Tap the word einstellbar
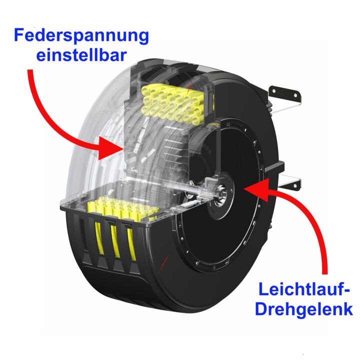(81, 55)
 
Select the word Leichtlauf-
(304, 289)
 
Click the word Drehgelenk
(304, 309)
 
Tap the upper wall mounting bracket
(284, 93)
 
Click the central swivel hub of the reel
(220, 195)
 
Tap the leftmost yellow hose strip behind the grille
(99, 238)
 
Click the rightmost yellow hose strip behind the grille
(131, 244)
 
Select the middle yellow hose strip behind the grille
(115, 241)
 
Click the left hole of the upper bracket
(274, 91)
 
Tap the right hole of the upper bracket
(295, 95)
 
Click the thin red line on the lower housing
(164, 262)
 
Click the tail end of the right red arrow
(324, 273)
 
